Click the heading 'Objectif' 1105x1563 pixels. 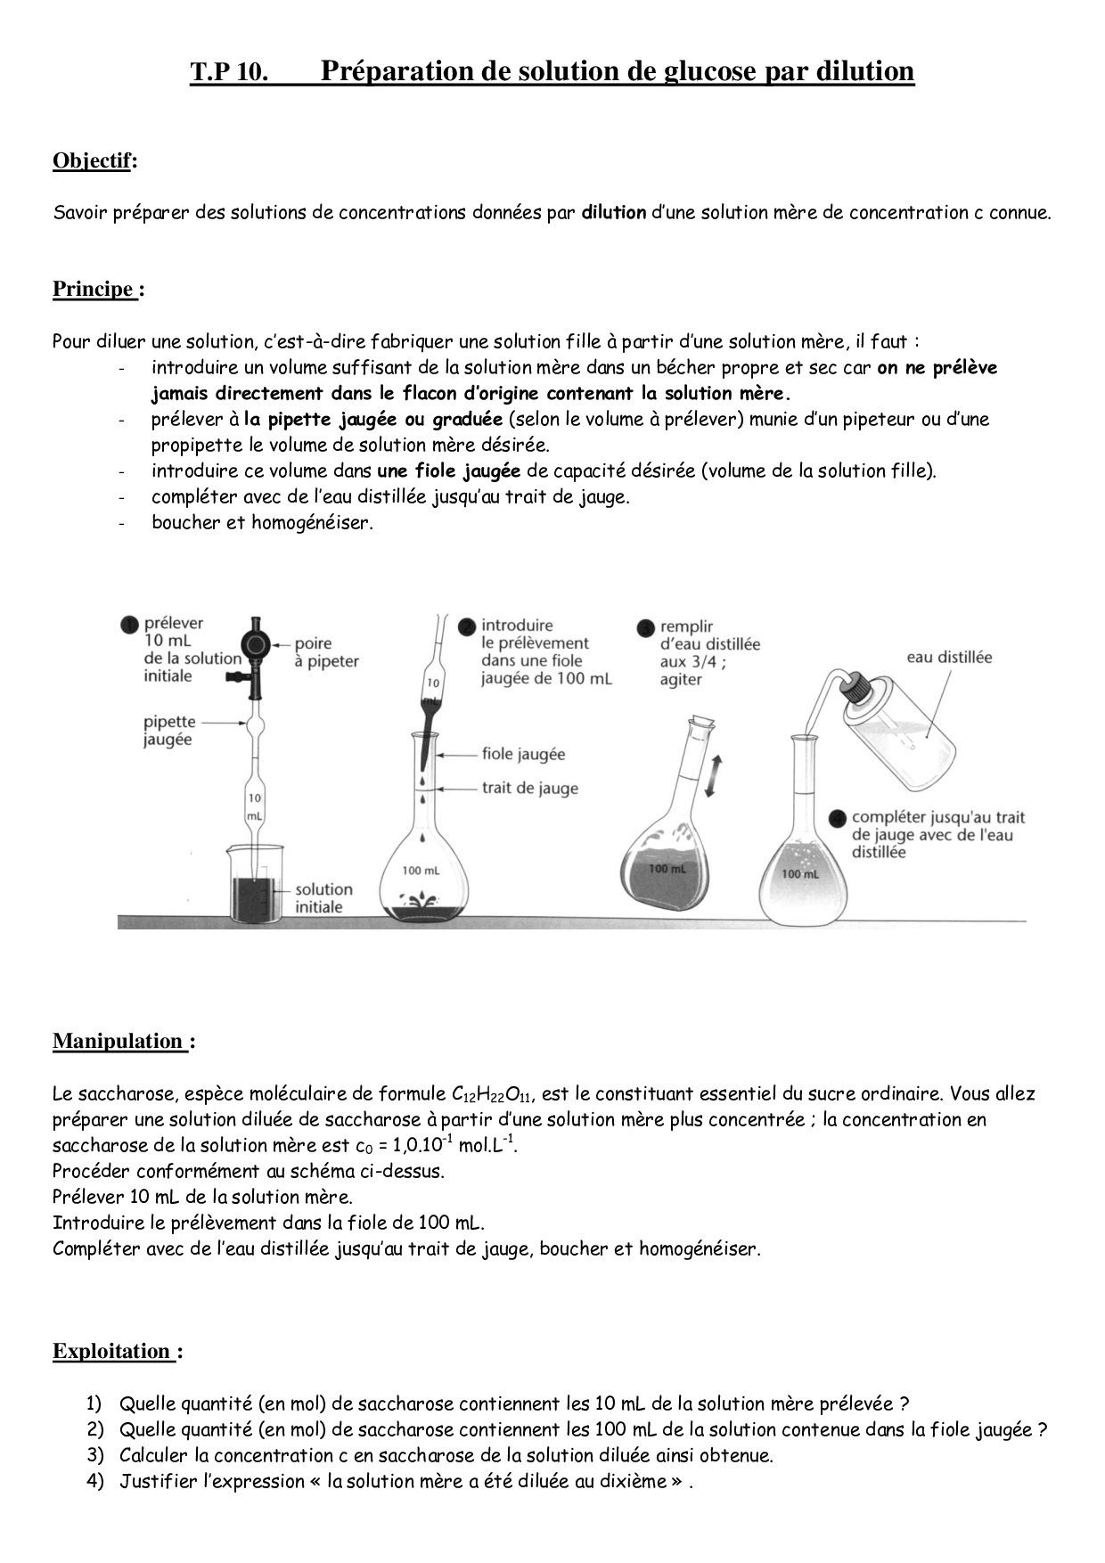pos(92,161)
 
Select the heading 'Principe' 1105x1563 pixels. pos(94,290)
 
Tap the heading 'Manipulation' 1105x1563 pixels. pos(119,1042)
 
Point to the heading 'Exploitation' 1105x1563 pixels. pos(112,1352)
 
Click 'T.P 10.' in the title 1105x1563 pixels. pos(229,72)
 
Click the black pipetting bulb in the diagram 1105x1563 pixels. pos(257,645)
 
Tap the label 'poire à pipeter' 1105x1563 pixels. pos(326,652)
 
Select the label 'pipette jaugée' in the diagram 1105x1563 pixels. pos(168,731)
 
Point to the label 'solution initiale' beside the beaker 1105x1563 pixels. pos(323,898)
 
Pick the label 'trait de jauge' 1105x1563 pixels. pos(529,789)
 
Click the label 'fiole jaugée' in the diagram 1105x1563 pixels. pos(523,755)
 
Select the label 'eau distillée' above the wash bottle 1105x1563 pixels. pos(948,658)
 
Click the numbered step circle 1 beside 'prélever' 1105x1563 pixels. pos(129,625)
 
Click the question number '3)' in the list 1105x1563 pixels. pos(95,1456)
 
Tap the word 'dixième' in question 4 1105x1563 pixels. pos(625,1482)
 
